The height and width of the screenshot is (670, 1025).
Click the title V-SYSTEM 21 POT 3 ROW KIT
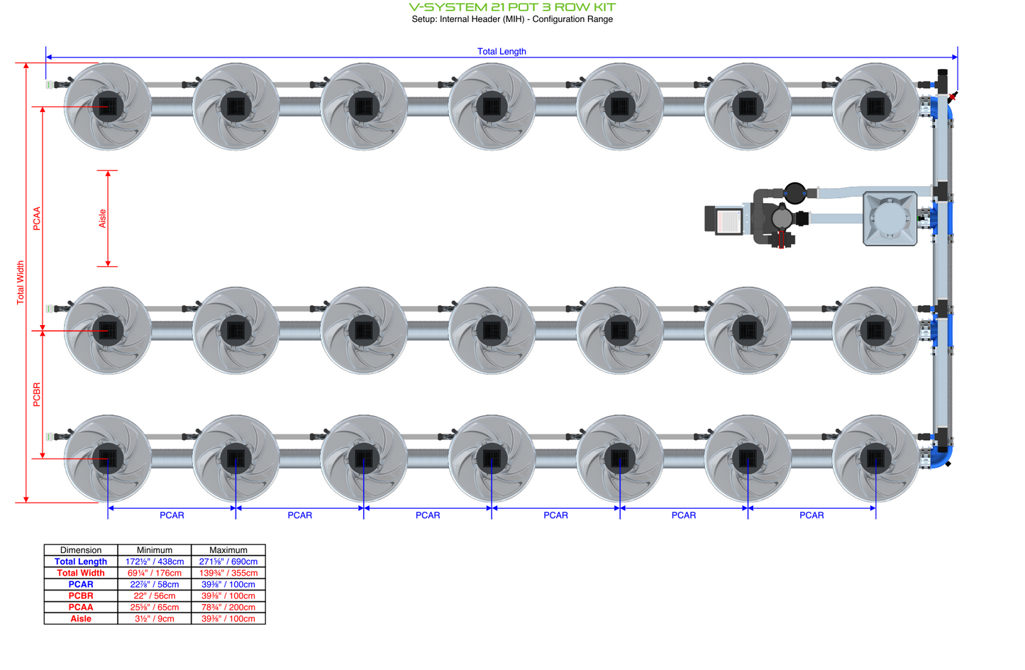pos(512,7)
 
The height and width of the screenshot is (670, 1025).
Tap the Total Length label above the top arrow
pos(502,51)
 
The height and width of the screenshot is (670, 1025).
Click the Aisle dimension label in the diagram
pos(102,219)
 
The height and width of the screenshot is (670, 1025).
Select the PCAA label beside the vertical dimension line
pos(37,219)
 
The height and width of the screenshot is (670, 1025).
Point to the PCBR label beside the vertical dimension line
pos(37,395)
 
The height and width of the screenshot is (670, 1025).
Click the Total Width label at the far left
pos(21,282)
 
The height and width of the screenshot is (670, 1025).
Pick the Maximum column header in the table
pos(228,550)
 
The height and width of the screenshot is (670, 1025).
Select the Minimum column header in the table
pos(155,550)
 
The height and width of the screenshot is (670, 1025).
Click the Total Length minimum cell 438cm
pos(155,561)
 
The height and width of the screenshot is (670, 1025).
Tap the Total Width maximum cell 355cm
pos(228,573)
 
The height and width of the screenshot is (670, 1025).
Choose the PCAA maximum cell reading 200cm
pos(228,607)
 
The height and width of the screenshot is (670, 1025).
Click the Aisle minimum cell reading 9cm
pos(155,618)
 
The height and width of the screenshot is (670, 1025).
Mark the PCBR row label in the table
pos(81,595)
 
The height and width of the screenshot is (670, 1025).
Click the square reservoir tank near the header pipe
pos(890,219)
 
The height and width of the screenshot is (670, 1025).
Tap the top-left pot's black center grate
pos(108,106)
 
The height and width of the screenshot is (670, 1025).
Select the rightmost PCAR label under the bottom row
pos(811,515)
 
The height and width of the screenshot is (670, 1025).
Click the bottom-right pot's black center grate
pos(875,458)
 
